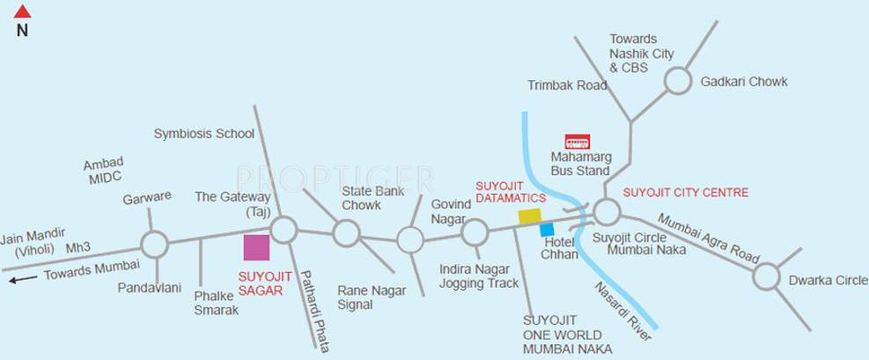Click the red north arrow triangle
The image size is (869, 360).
[x=23, y=11]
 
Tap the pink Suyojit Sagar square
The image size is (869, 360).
[x=256, y=247]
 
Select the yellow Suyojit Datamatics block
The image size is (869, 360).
[x=529, y=216]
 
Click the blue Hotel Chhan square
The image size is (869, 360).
[x=547, y=230]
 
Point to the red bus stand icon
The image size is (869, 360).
[x=577, y=141]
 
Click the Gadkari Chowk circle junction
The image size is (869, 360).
[x=677, y=81]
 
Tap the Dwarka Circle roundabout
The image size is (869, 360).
[x=766, y=277]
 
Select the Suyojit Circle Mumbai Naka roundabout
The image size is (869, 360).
[x=606, y=212]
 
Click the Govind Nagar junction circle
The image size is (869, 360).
[x=475, y=232]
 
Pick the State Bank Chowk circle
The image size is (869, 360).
[x=346, y=233]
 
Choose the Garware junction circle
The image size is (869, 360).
[x=154, y=244]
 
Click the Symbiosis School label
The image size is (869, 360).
[x=203, y=134]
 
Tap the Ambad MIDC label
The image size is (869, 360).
[x=104, y=171]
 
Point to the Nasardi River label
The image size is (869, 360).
[x=622, y=311]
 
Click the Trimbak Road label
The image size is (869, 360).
[x=567, y=85]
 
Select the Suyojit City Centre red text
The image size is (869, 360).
[x=685, y=193]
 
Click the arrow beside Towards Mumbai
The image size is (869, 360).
[x=24, y=280]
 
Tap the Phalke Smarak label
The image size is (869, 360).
[x=217, y=303]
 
